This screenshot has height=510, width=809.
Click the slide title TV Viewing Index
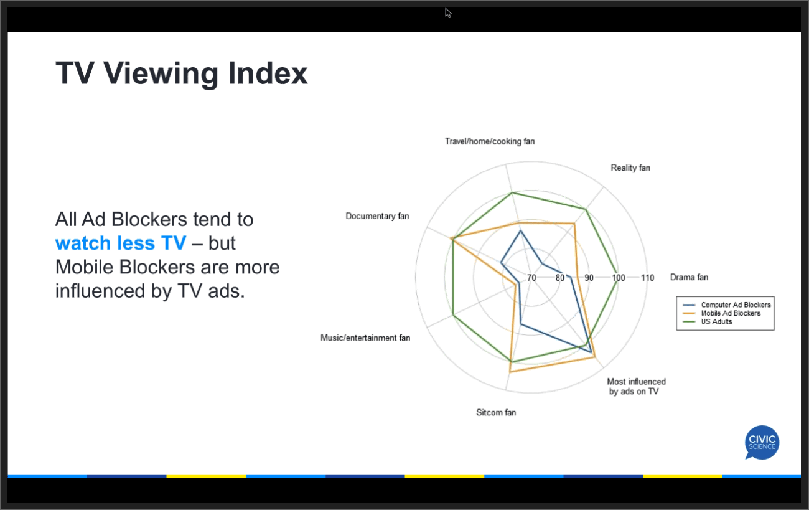182,73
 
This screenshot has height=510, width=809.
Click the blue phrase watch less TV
120,243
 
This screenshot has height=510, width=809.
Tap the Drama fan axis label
688,277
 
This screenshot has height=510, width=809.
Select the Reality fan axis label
630,168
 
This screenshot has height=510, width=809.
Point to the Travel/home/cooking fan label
489,141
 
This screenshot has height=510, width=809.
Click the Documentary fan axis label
377,216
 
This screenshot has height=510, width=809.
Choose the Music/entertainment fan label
365,338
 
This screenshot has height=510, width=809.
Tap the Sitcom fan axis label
496,412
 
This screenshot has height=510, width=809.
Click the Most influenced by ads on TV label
636,387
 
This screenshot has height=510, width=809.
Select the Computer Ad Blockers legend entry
735,305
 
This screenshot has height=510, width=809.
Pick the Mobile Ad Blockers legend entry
730,313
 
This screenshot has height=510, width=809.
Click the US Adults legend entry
716,321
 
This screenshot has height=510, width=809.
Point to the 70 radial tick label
531,278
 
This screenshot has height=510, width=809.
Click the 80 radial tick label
560,278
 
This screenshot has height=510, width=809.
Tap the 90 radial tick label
589,278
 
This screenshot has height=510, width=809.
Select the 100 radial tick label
618,278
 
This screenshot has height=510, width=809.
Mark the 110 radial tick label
647,278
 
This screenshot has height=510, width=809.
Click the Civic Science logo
762,442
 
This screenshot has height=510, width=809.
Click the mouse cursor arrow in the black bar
448,12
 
